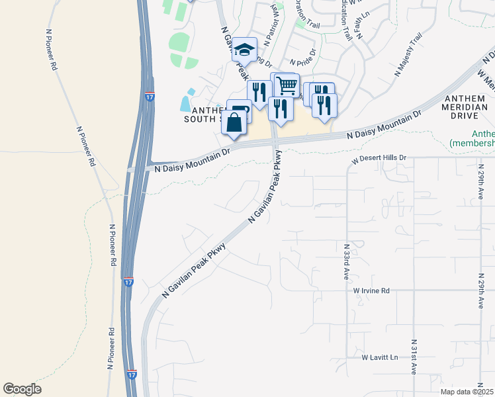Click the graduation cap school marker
[x=244, y=50]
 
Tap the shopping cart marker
[x=285, y=85]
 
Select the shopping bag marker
[x=234, y=122]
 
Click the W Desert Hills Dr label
[x=378, y=159]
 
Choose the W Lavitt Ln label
[x=380, y=357]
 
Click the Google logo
[x=22, y=389]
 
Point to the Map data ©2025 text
[x=467, y=392]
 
